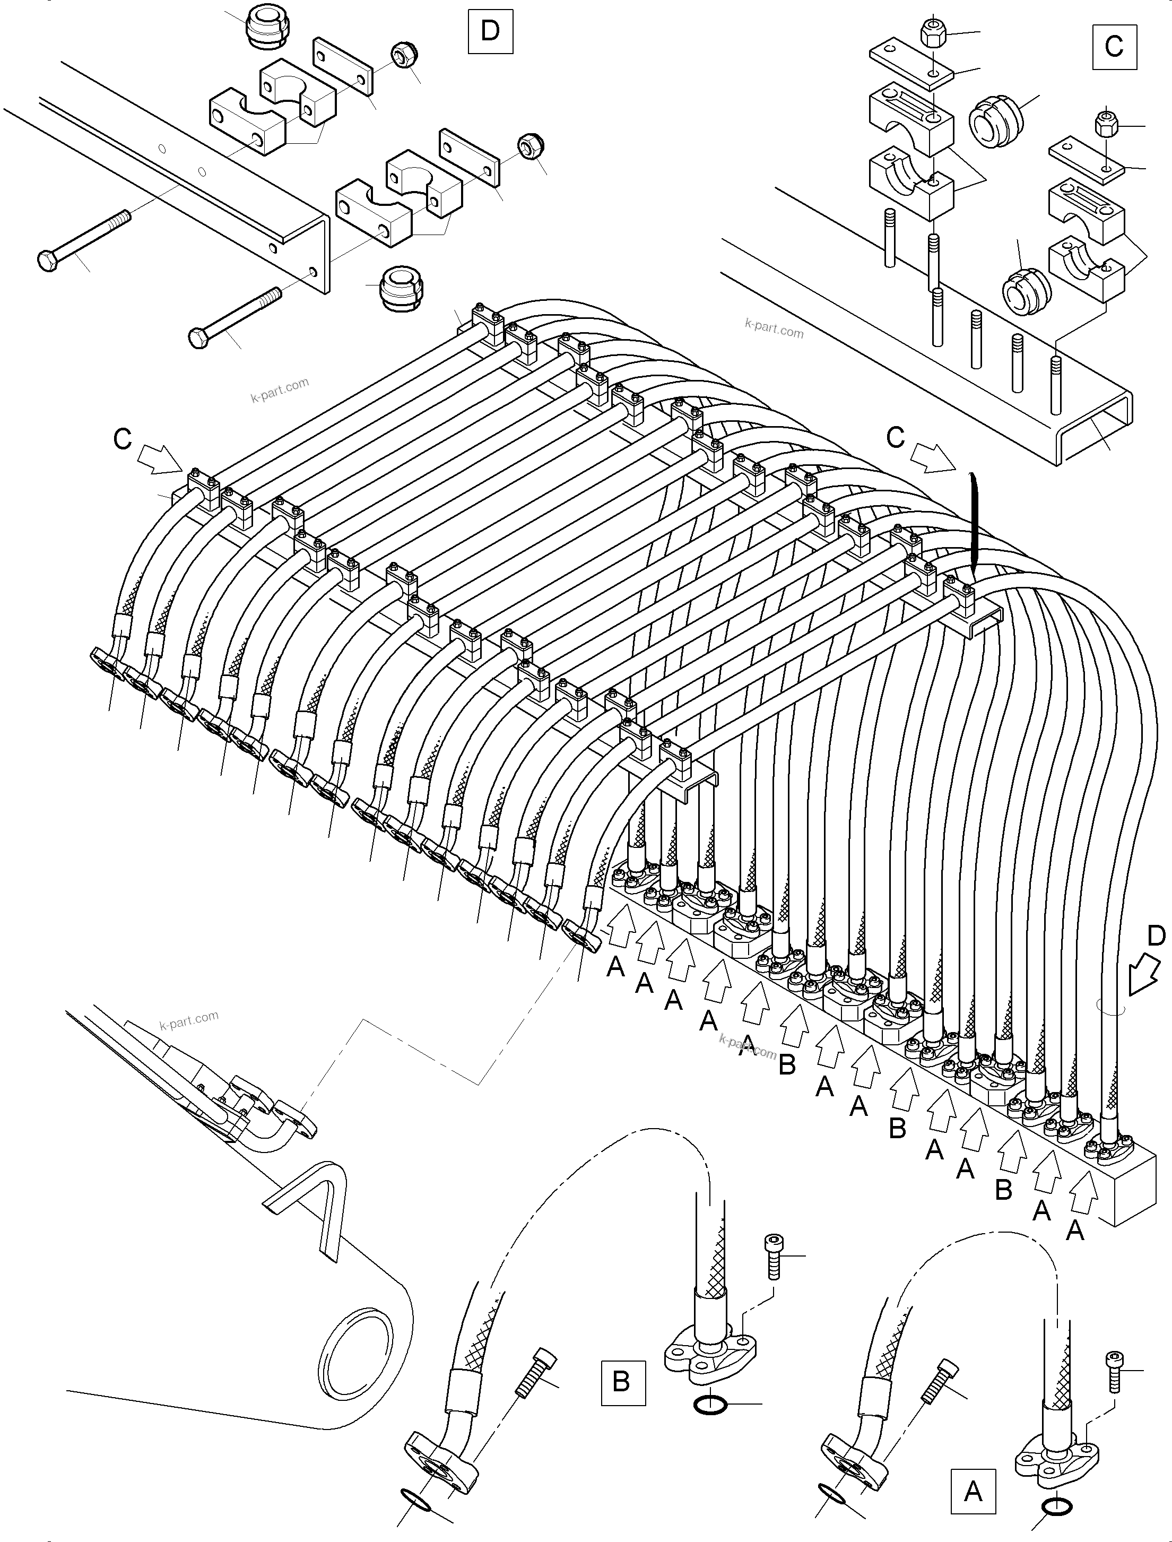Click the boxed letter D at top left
pyautogui.click(x=490, y=31)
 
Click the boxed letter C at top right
pyautogui.click(x=1114, y=46)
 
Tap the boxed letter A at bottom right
pyautogui.click(x=973, y=1492)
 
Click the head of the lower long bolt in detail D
pyautogui.click(x=199, y=339)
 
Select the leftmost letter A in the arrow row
pyautogui.click(x=615, y=966)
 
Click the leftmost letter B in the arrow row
pyautogui.click(x=787, y=1064)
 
